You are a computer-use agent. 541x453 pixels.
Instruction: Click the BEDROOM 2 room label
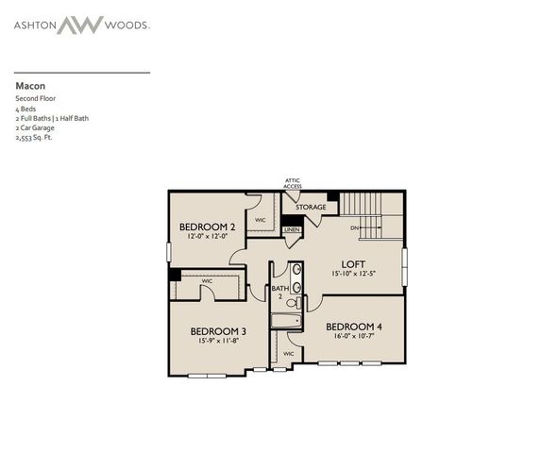point(207,226)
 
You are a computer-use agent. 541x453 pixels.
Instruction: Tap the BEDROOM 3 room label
point(218,331)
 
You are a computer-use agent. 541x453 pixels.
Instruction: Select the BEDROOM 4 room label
point(355,327)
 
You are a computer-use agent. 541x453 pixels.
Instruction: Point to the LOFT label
point(354,264)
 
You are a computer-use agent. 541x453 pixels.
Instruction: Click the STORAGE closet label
point(311,207)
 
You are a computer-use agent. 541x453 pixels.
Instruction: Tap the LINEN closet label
point(292,229)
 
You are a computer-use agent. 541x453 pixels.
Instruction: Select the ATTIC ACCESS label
point(294,183)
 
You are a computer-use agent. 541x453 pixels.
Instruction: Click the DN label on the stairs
point(355,227)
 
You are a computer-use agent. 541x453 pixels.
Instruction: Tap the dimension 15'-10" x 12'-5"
point(354,274)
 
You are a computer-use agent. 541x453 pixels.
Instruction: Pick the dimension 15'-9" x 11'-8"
point(218,341)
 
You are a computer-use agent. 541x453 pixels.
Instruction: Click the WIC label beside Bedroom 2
point(261,220)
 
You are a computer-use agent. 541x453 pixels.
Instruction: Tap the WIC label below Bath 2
point(288,354)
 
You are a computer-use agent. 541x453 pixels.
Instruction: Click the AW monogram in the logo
point(79,25)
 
